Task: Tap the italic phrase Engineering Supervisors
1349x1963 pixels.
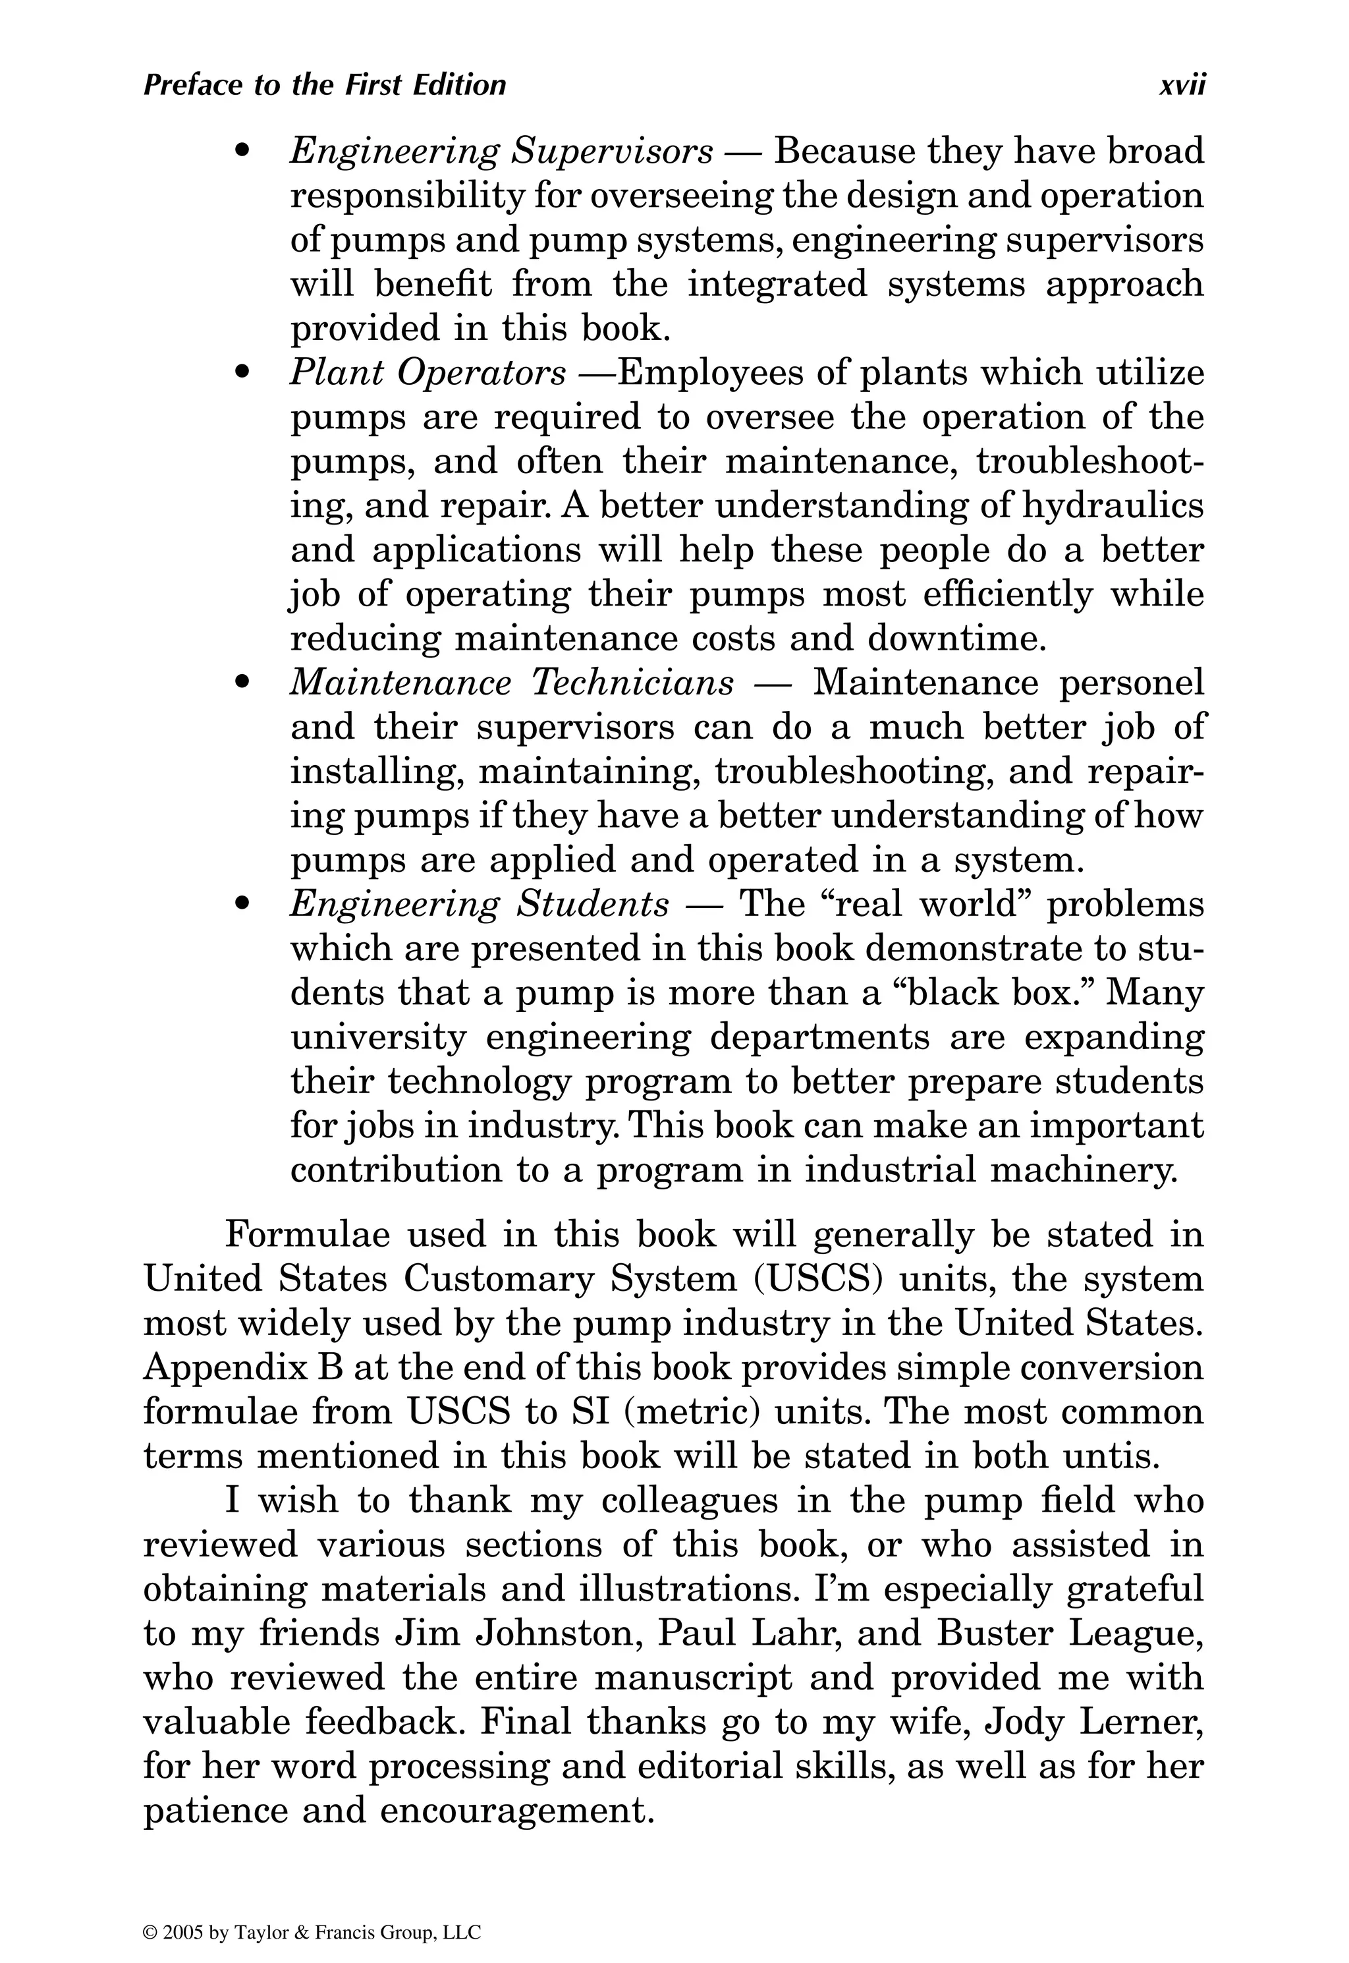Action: click(x=501, y=152)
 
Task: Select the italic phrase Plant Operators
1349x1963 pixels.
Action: click(x=427, y=373)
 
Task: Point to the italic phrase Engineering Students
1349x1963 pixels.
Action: click(x=480, y=903)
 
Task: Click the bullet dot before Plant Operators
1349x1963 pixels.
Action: click(x=244, y=373)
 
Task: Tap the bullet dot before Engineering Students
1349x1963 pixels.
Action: click(x=244, y=903)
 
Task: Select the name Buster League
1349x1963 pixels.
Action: click(x=1068, y=1632)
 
